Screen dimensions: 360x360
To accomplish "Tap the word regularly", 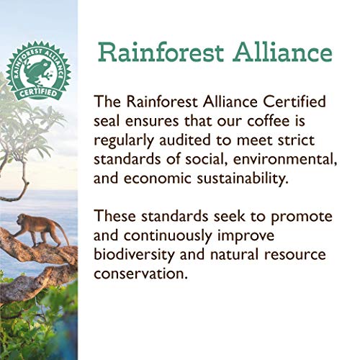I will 127,138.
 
